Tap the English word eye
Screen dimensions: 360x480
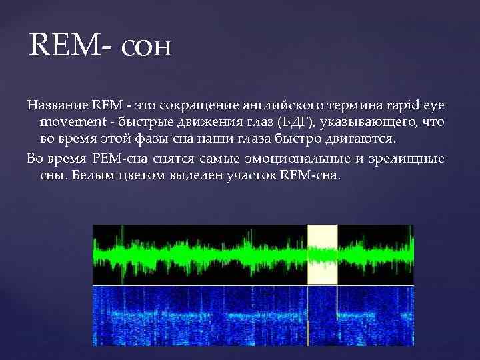click(x=436, y=105)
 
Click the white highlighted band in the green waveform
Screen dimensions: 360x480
click(x=322, y=255)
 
